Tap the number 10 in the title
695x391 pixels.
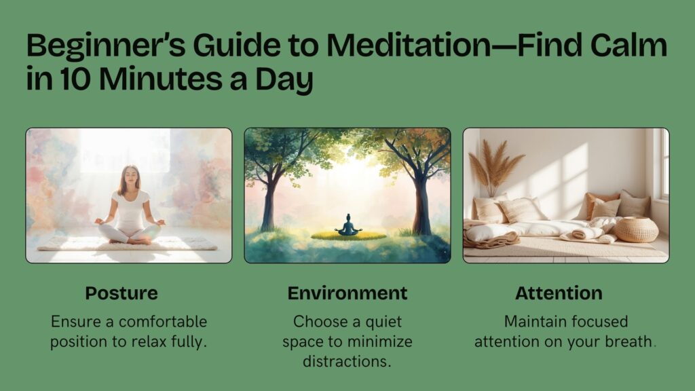coord(70,79)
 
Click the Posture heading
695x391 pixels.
coord(121,293)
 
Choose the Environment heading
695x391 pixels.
coord(347,293)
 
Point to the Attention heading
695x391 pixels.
coord(559,293)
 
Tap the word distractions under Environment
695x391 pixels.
coord(347,361)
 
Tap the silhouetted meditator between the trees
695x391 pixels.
coord(347,225)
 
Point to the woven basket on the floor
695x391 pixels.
coord(636,229)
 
